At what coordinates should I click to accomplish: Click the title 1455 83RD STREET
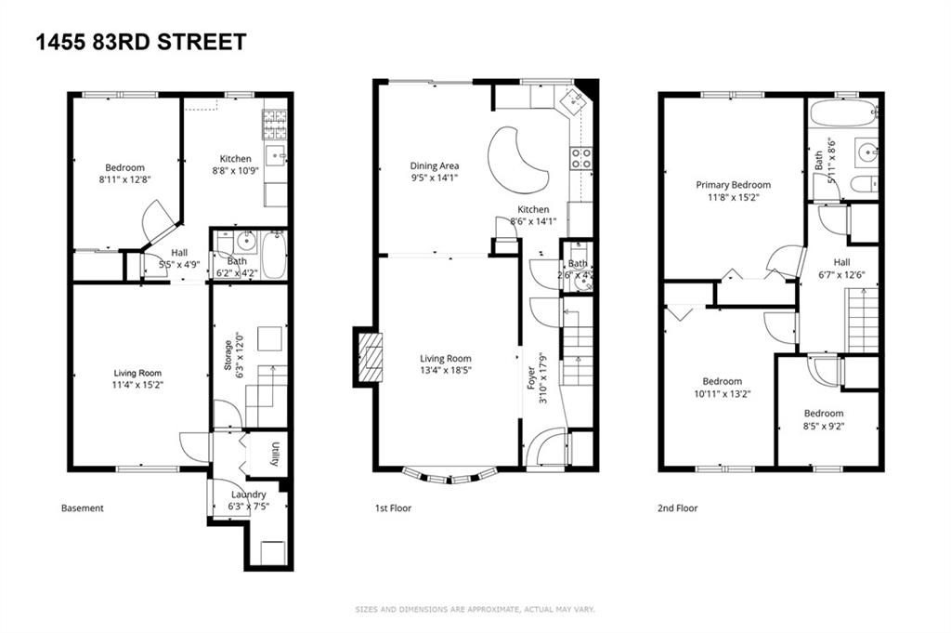(141, 42)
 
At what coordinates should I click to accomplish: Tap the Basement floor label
(83, 508)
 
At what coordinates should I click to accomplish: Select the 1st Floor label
(393, 508)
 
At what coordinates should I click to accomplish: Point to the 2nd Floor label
(677, 508)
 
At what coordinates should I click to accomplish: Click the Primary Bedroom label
(733, 185)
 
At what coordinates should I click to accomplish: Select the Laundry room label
(247, 495)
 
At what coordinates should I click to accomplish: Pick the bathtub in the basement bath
(273, 256)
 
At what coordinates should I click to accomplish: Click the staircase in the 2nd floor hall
(861, 319)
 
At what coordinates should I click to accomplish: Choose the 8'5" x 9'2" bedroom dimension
(824, 427)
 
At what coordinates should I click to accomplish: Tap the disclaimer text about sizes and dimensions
(475, 610)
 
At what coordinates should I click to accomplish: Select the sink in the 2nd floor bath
(866, 151)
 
